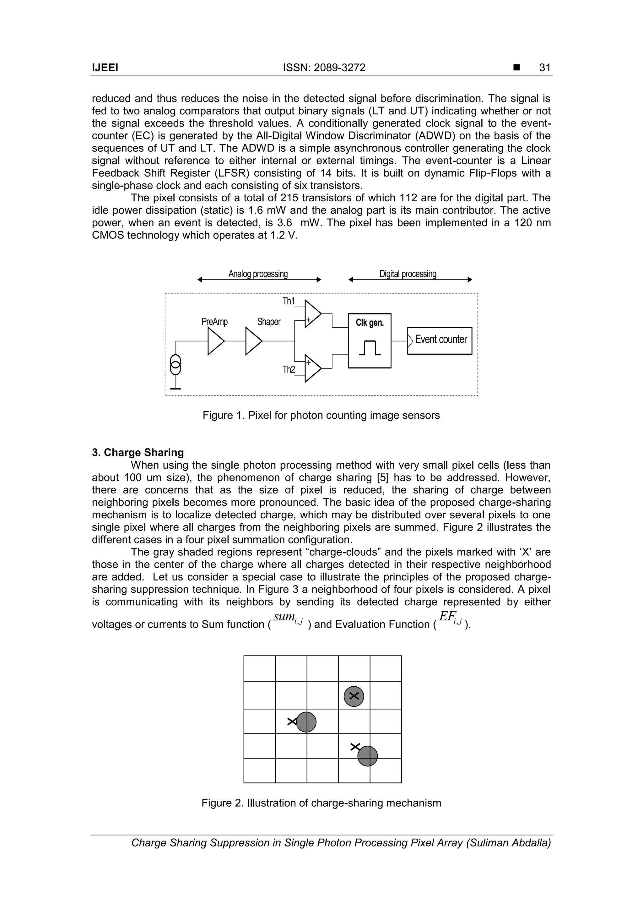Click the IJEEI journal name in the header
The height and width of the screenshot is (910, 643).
tap(105, 68)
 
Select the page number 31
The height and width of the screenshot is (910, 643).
tap(545, 68)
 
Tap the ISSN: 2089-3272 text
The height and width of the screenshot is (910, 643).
tap(324, 68)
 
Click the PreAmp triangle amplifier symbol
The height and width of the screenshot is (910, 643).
tap(215, 341)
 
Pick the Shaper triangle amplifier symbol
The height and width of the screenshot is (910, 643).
tap(253, 341)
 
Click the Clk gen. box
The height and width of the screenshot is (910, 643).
tap(369, 341)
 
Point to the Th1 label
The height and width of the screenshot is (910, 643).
tap(289, 301)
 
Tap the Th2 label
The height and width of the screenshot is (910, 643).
tap(289, 370)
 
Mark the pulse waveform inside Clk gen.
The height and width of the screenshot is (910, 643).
tap(370, 348)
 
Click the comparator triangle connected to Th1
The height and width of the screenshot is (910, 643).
tap(312, 314)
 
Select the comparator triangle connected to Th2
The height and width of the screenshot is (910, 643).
tap(312, 368)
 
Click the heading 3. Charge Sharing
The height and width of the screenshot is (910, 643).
tap(138, 453)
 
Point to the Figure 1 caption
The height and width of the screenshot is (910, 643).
tap(321, 415)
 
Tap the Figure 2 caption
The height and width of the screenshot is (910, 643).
tap(321, 803)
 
